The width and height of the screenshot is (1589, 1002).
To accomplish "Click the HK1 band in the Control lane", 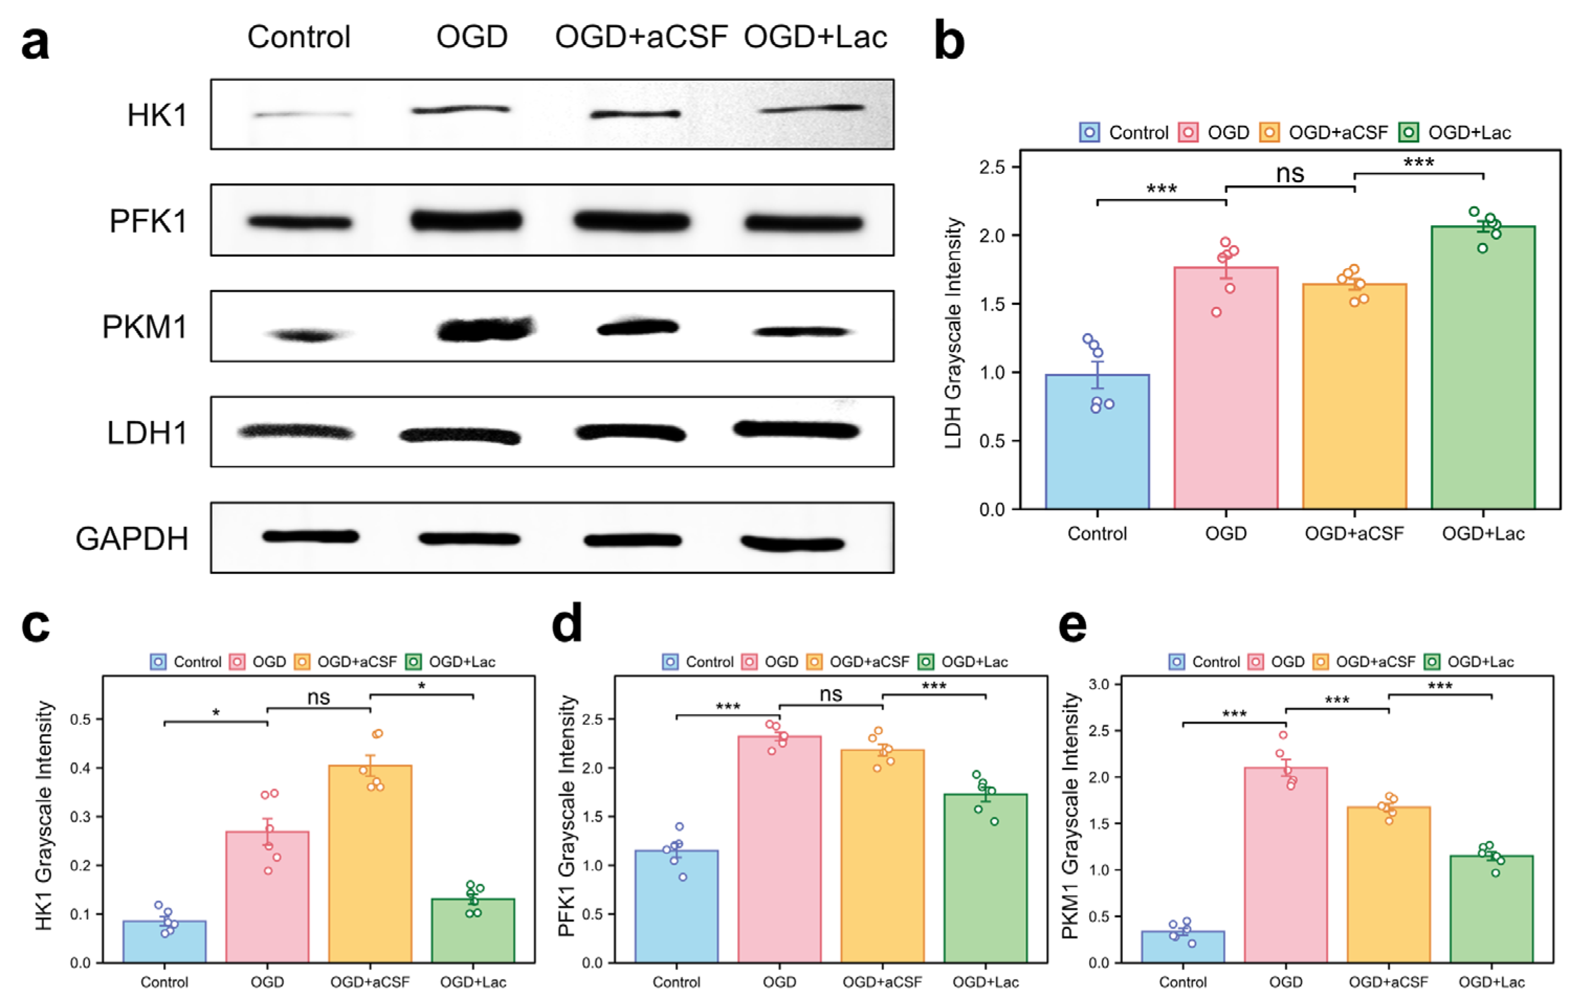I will [x=302, y=114].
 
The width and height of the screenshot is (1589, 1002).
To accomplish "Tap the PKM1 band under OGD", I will [x=486, y=328].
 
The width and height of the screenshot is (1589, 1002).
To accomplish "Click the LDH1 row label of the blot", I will [x=147, y=433].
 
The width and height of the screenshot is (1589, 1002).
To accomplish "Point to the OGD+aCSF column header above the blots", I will [x=640, y=36].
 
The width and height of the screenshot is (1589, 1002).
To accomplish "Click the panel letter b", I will [x=949, y=41].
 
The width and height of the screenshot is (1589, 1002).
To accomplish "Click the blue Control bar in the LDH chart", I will [x=1097, y=442].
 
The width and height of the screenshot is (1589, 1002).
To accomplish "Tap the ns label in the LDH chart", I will [x=1289, y=173].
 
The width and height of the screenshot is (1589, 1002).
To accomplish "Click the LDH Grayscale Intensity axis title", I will [x=953, y=333].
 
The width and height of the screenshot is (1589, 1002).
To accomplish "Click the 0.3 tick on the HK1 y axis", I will [x=81, y=817].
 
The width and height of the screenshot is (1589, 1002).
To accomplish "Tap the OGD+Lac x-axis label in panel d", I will [x=985, y=982].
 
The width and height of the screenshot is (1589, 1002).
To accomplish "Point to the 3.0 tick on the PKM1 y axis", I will [x=1099, y=684].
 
